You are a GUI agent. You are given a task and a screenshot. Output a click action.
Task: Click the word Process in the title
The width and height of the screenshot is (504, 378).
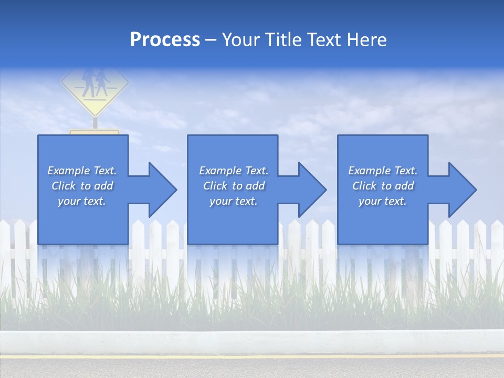165,40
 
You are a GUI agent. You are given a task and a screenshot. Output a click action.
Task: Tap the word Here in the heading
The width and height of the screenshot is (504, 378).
366,40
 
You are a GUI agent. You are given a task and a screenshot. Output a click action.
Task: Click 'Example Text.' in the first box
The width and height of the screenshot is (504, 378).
82,171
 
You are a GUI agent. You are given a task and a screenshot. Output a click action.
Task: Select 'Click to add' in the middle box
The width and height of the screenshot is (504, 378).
234,186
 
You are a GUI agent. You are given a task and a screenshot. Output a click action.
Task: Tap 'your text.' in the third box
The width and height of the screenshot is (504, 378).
383,201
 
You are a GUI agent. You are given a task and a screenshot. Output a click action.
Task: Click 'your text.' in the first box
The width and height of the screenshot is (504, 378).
82,201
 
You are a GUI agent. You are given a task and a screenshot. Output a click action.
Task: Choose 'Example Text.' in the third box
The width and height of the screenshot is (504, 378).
383,171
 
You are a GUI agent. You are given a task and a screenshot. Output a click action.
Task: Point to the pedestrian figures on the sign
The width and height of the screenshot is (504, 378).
94,81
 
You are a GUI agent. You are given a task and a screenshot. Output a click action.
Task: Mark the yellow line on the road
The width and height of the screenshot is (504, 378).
252,356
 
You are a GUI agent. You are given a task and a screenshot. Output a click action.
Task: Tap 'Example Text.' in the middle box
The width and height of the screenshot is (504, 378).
234,171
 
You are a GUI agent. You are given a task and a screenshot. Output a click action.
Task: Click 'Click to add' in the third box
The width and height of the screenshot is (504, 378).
383,186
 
